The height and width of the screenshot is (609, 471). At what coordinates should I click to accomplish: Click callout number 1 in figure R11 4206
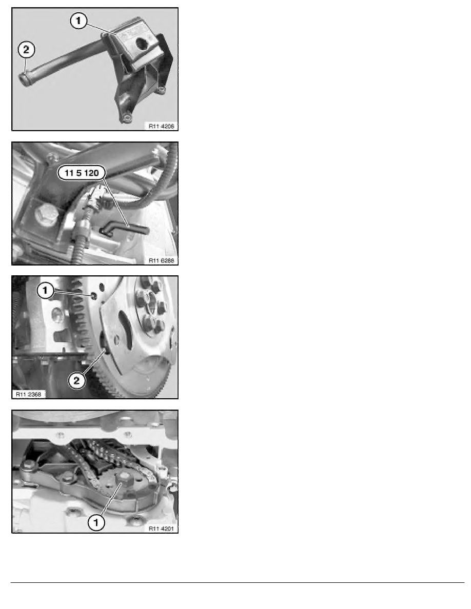pos(79,20)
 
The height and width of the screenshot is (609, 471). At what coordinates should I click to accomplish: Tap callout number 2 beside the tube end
pos(26,50)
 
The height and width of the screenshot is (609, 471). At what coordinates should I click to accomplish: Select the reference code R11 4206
pos(161,126)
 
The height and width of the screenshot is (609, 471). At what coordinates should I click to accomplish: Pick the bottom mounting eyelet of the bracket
pos(125,117)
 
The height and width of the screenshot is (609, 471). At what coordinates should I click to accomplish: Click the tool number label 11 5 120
pos(82,173)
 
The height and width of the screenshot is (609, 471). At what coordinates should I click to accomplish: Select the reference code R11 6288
pos(161,260)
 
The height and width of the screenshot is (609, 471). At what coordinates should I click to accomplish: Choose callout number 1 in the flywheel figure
pos(46,290)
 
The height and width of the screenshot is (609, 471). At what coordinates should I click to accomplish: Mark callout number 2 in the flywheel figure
pos(76,380)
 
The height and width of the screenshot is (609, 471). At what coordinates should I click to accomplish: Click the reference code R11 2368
pos(28,394)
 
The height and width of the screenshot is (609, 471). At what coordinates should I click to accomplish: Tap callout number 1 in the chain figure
pos(96,522)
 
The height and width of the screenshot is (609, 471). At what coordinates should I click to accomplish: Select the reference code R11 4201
pos(161,529)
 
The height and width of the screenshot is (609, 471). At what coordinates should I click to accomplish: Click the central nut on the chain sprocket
pos(125,480)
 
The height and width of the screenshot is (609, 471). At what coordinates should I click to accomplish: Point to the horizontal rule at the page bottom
pos(238,582)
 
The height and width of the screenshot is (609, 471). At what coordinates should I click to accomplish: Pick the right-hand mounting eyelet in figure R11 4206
pos(162,90)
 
